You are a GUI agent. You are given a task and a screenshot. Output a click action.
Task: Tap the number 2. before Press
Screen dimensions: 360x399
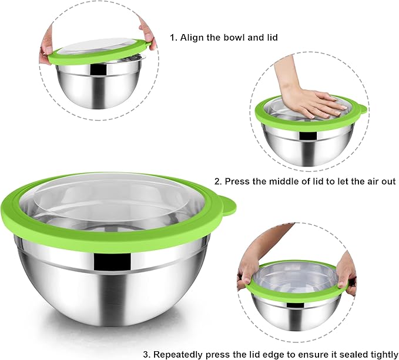(218, 181)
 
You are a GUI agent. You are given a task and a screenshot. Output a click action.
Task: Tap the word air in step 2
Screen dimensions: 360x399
(365, 181)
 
